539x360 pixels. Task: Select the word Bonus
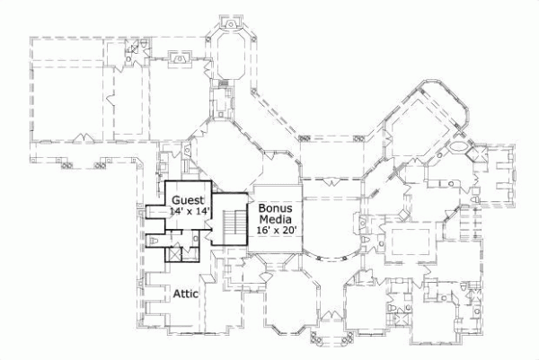(x=275, y=207)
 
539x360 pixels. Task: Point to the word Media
(x=275, y=219)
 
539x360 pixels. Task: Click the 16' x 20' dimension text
(x=276, y=231)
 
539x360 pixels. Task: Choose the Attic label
(x=185, y=293)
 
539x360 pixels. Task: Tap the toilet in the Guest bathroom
(x=155, y=241)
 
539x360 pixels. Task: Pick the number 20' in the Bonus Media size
(x=287, y=231)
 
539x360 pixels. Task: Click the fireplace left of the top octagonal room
(x=178, y=59)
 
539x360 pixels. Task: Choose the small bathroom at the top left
(x=136, y=50)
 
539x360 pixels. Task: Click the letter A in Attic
(x=176, y=293)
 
